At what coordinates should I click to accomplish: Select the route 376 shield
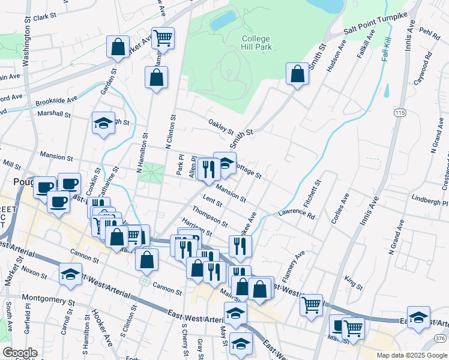tap(440, 339)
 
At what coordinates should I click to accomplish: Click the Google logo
tap(19, 353)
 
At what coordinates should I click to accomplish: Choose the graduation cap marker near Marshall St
tap(103, 124)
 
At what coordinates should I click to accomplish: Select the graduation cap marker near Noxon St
tap(71, 274)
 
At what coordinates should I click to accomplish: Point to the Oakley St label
tap(221, 126)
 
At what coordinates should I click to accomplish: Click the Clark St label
tap(44, 17)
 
